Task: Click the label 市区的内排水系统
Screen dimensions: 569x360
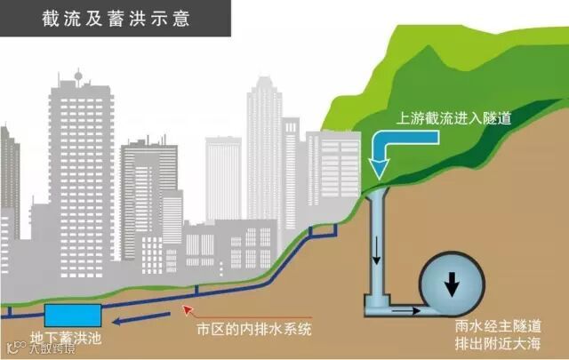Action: pos(255,330)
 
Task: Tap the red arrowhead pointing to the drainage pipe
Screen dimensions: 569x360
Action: pos(186,308)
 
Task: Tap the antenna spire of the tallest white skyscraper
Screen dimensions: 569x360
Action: pos(264,80)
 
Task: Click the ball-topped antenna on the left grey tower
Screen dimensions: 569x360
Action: pos(78,75)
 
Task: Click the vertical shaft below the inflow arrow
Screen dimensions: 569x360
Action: pos(377,240)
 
